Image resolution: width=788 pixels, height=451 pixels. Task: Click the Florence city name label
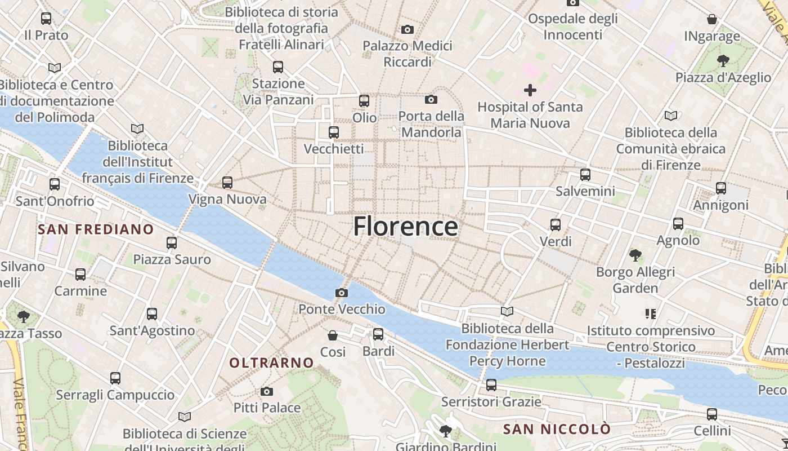point(405,227)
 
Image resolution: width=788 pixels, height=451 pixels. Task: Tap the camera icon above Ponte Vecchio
point(341,293)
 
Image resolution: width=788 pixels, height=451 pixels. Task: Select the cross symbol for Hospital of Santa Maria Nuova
point(530,90)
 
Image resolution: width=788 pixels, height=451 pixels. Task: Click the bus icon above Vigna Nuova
point(227,183)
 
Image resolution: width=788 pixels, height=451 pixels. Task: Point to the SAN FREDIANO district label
point(96,229)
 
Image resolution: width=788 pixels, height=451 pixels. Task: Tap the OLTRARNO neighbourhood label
point(271,362)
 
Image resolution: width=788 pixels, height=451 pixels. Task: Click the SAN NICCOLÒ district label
point(556,429)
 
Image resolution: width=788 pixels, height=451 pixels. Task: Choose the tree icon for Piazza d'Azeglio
point(723,61)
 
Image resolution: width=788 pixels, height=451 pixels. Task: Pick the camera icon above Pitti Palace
point(267,391)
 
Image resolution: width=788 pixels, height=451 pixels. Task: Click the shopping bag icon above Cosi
point(333,335)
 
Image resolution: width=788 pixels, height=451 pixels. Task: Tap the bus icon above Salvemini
point(585,175)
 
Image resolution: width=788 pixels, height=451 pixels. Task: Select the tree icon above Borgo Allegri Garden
point(635,255)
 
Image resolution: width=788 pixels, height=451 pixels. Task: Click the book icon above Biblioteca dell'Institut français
point(137,129)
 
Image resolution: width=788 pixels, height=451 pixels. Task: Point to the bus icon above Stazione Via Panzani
point(278,67)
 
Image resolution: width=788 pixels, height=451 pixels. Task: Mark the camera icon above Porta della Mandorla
point(431,100)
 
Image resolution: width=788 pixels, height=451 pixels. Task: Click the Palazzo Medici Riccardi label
point(407,54)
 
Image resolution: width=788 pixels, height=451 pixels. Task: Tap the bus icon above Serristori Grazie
point(491,385)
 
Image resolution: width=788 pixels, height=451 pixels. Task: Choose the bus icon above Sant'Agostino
point(152,314)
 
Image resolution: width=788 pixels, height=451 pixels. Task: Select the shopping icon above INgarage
point(712,20)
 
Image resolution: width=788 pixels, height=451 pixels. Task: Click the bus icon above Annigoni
point(721,188)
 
